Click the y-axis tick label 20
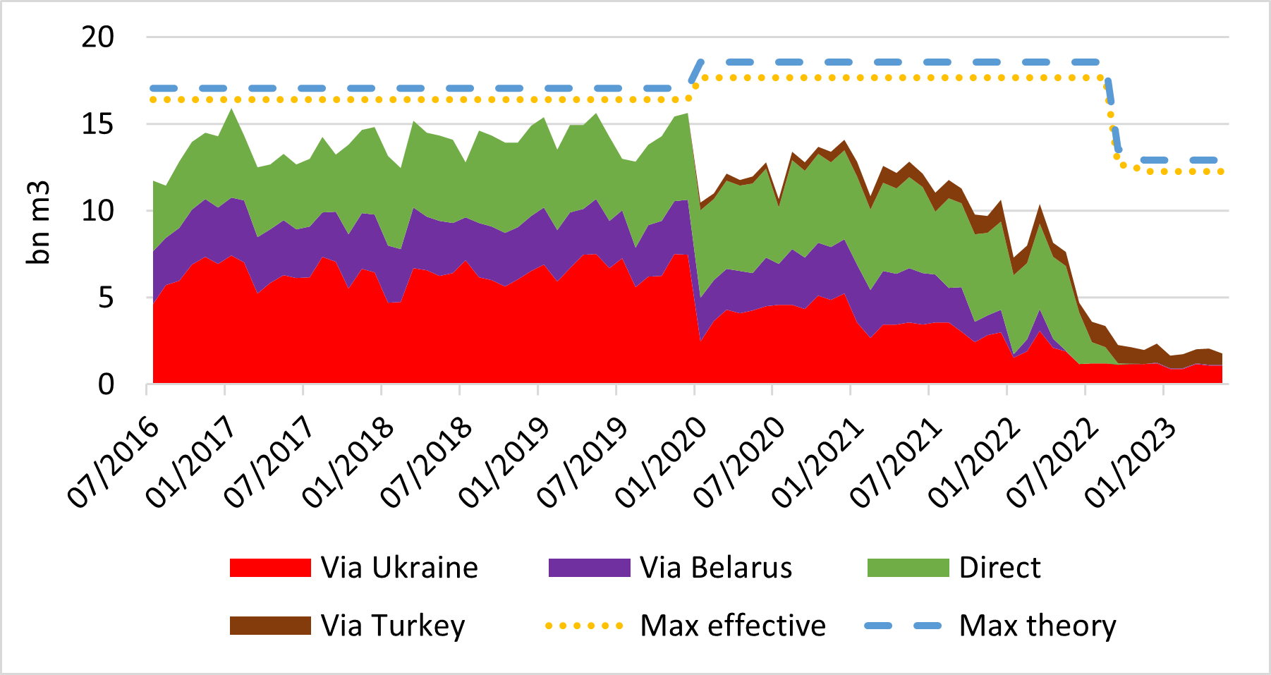(97, 37)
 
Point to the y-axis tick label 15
(97, 124)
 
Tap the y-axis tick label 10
(97, 211)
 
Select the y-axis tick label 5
(105, 298)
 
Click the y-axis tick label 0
(105, 385)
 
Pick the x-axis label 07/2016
(113, 462)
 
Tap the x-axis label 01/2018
(348, 462)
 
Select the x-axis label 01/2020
(660, 462)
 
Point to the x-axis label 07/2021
(895, 462)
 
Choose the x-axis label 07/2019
(582, 462)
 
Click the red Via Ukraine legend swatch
(270, 568)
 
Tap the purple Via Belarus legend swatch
(589, 568)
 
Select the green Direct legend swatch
(908, 568)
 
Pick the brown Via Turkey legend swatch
(270, 626)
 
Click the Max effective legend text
(732, 626)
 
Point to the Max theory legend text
(1038, 626)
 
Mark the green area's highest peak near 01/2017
(231, 109)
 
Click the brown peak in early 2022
(1040, 207)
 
